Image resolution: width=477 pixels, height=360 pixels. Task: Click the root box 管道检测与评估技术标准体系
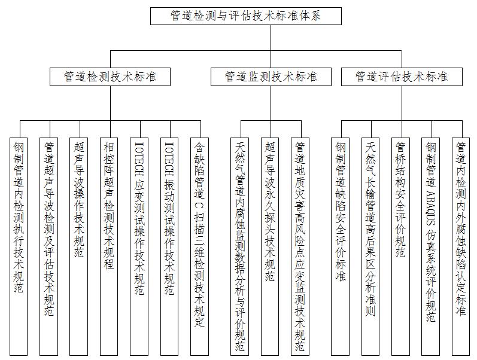pyautogui.click(x=246, y=16)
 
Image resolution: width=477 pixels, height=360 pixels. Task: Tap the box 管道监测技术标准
pyautogui.click(x=271, y=77)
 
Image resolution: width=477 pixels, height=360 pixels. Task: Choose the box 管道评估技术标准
pyautogui.click(x=401, y=77)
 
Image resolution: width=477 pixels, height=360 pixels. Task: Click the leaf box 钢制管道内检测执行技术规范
pyautogui.click(x=19, y=245)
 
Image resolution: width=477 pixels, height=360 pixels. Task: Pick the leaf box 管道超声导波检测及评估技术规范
pyautogui.click(x=49, y=245)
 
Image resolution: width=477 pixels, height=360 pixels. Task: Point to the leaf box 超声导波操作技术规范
pyautogui.click(x=79, y=245)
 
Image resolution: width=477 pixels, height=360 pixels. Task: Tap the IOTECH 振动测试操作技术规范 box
pyautogui.click(x=169, y=245)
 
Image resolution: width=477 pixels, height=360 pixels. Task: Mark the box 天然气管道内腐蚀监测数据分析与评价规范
pyautogui.click(x=239, y=245)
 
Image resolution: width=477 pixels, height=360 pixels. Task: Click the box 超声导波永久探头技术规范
pyautogui.click(x=269, y=245)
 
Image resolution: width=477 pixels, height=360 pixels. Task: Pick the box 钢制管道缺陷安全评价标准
pyautogui.click(x=341, y=245)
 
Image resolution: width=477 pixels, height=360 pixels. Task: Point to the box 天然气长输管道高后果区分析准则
pyautogui.click(x=370, y=245)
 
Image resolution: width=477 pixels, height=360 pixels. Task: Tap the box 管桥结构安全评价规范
pyautogui.click(x=400, y=245)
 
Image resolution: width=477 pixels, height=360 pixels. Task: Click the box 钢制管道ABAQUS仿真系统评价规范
pyautogui.click(x=430, y=245)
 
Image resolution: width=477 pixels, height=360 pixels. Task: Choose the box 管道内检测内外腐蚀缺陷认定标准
pyautogui.click(x=460, y=245)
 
